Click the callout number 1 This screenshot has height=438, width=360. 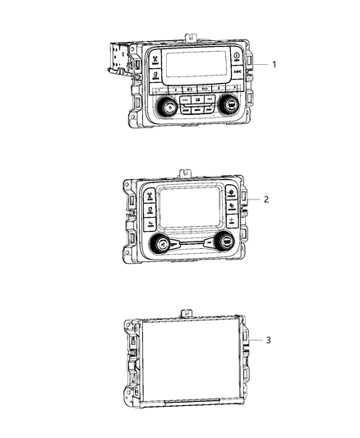pos(274,64)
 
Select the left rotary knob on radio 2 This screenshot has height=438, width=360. pos(160,244)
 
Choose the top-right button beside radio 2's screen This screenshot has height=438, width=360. pos(228,194)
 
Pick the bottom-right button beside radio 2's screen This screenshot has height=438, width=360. pos(233,222)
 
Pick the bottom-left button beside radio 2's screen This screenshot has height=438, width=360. pos(151,225)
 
